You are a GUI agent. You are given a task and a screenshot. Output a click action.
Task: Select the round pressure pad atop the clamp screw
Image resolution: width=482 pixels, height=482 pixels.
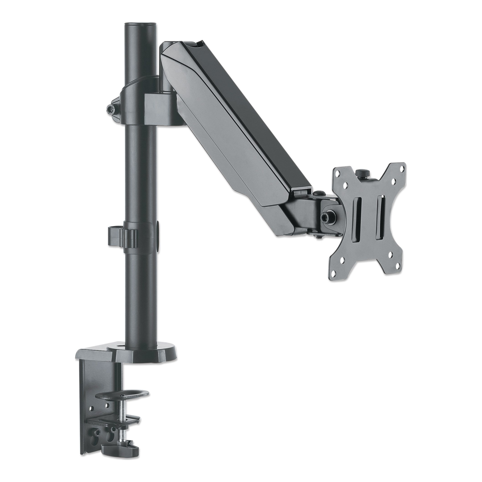[122, 394]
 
